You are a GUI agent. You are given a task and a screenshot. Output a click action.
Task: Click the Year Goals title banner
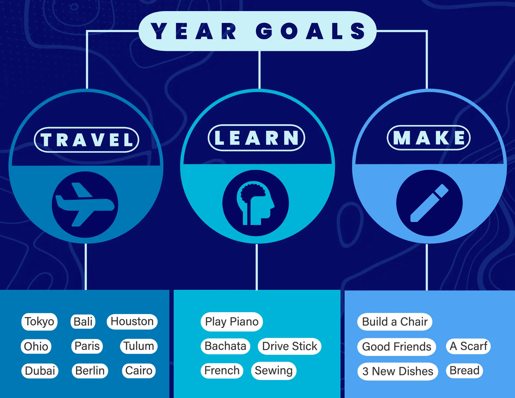click(x=257, y=31)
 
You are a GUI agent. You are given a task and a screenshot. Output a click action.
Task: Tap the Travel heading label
click(x=87, y=140)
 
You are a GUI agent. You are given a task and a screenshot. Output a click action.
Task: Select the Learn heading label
click(x=256, y=138)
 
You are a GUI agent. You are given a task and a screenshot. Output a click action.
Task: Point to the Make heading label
click(x=429, y=138)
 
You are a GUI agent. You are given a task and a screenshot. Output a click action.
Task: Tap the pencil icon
click(x=429, y=203)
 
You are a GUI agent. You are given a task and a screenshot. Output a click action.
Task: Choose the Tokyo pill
click(x=39, y=322)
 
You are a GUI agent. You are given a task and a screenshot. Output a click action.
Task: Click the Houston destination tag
click(x=132, y=322)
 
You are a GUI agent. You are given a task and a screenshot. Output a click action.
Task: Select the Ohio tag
click(x=36, y=346)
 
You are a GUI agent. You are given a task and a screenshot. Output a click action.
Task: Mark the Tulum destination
click(x=139, y=346)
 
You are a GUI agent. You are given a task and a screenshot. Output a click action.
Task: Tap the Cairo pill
click(x=139, y=371)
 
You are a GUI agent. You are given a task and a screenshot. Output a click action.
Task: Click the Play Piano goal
click(x=232, y=322)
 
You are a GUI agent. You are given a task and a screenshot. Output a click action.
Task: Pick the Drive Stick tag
click(x=290, y=346)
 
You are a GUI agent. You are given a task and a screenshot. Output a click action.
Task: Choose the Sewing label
click(x=274, y=371)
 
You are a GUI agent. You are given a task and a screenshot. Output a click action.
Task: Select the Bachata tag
click(x=225, y=346)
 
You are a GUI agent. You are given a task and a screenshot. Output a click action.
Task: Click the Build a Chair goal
click(x=395, y=322)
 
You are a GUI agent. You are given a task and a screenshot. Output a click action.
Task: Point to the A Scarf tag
click(x=468, y=346)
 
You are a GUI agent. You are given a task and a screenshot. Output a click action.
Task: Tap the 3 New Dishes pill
click(x=398, y=371)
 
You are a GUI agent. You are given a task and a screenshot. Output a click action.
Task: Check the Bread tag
click(x=465, y=371)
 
